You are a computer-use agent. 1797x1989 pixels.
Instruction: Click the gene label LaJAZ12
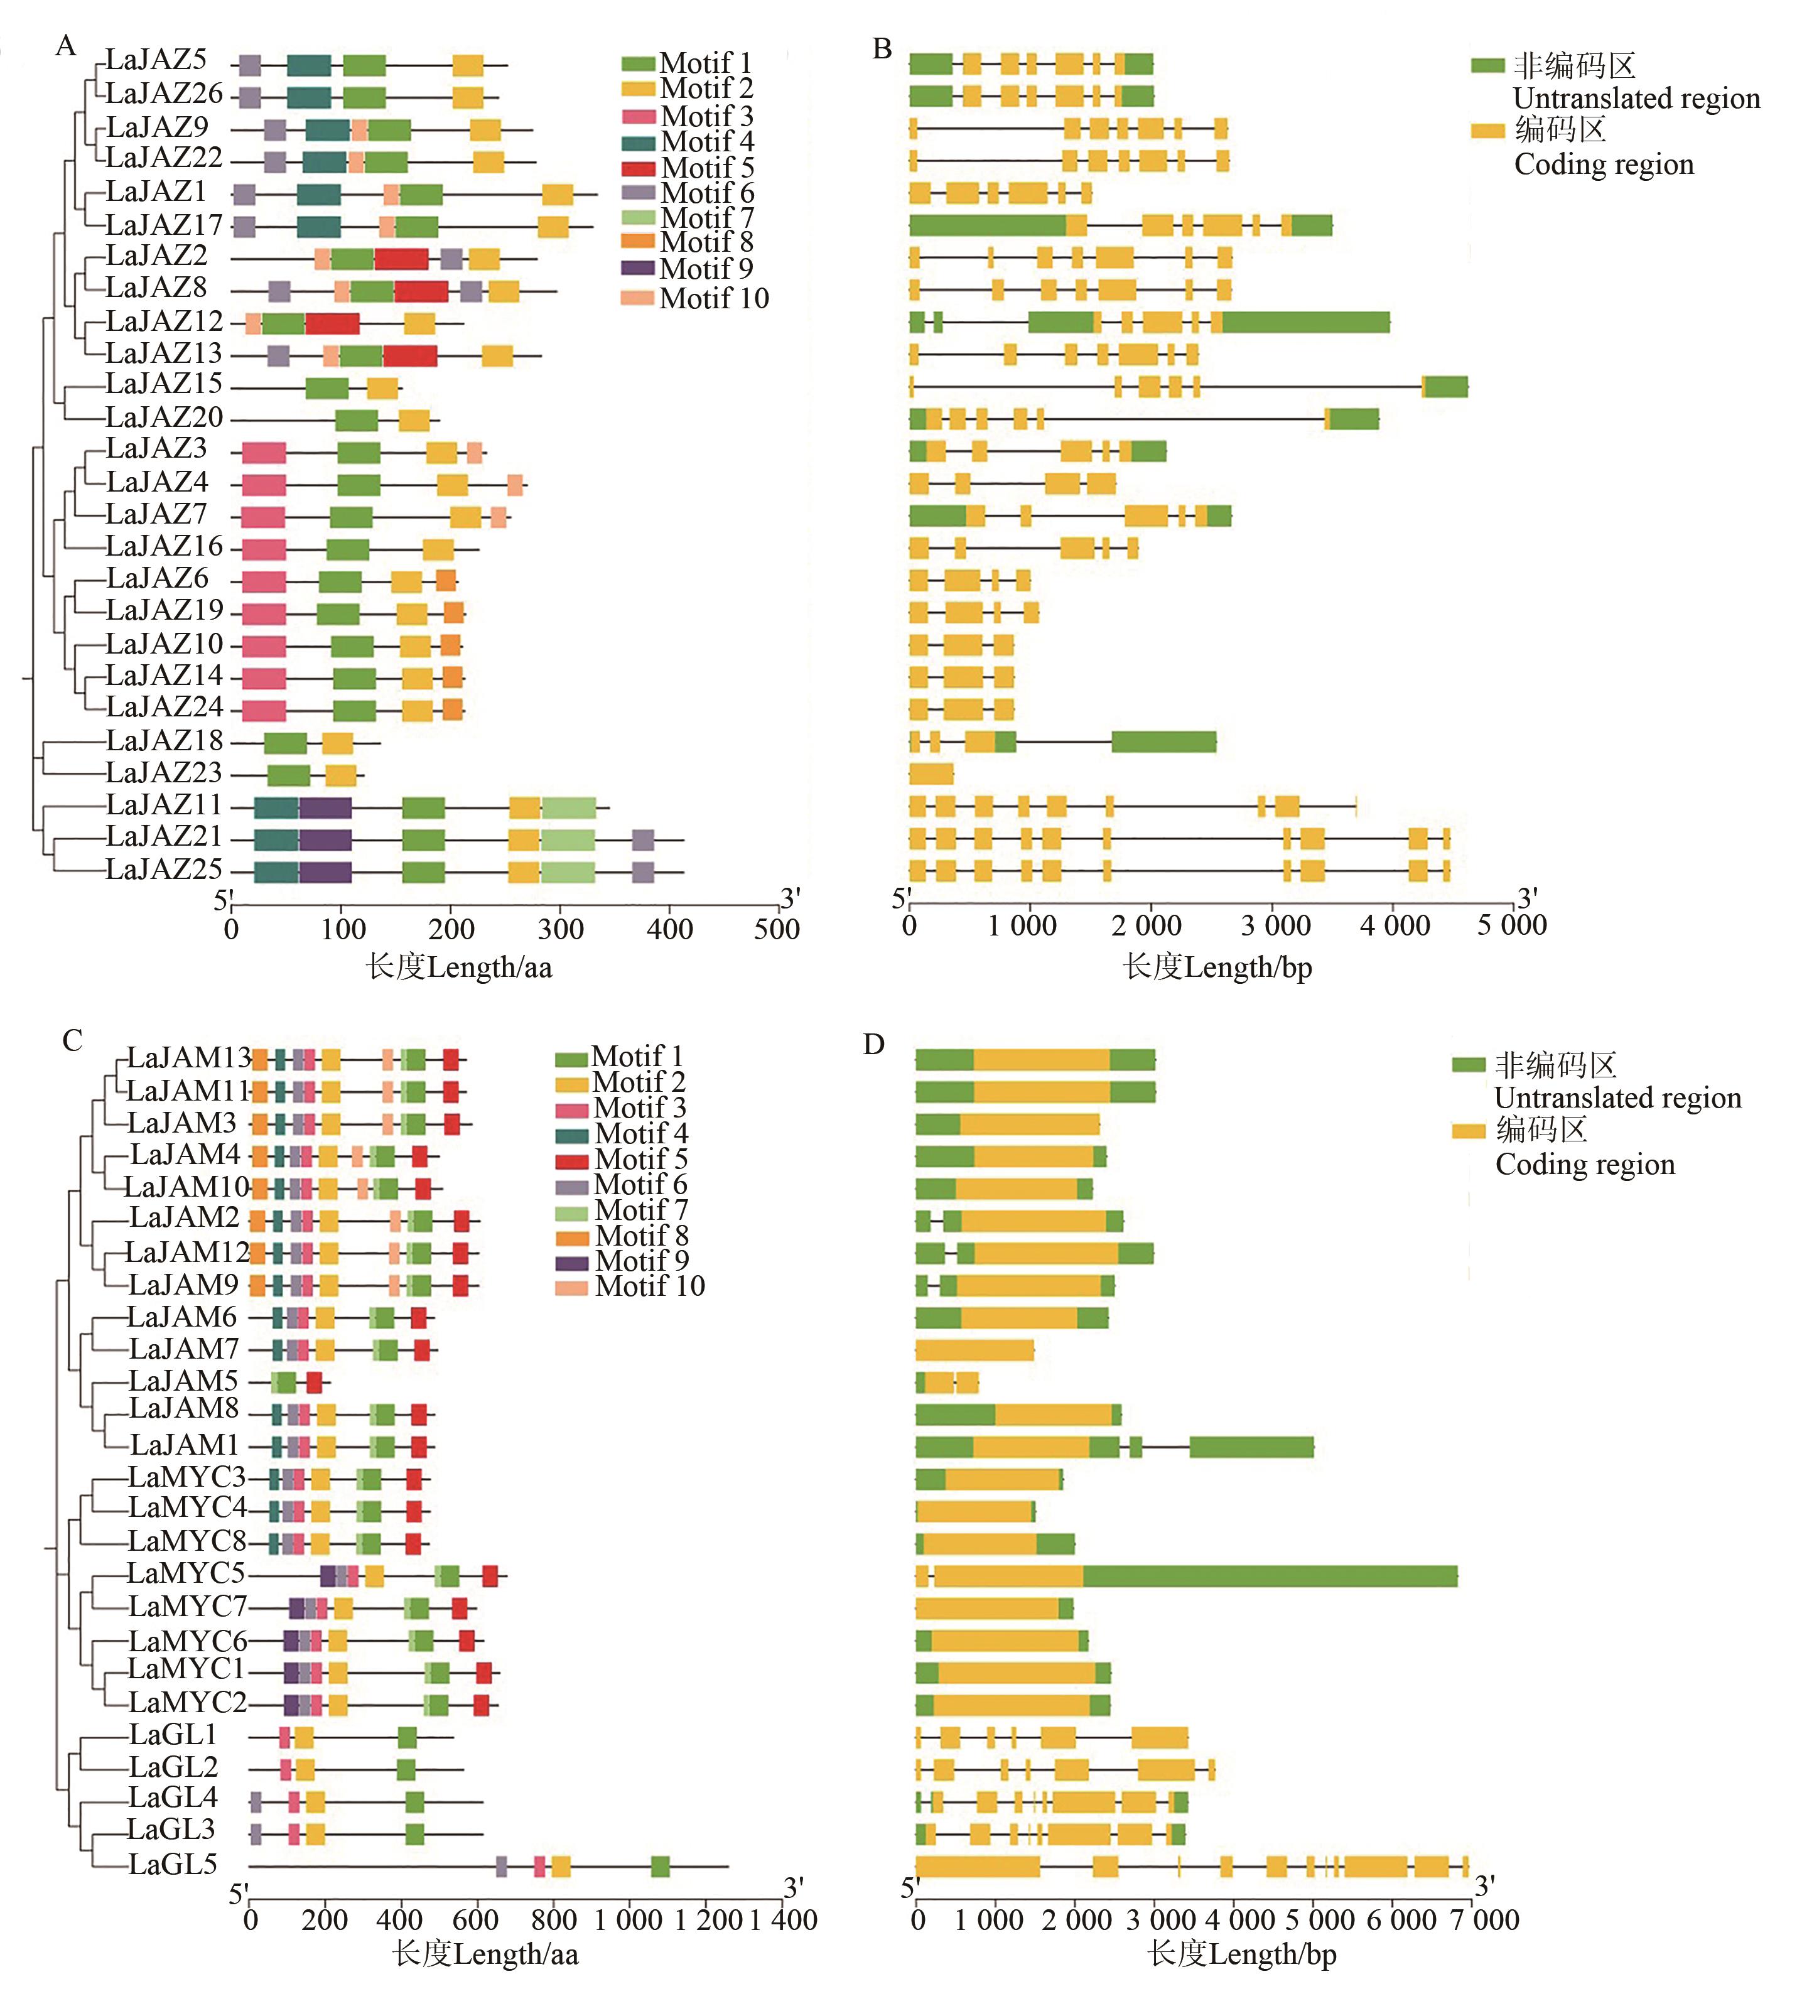pyautogui.click(x=165, y=321)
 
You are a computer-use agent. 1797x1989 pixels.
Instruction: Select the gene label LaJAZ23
pyautogui.click(x=164, y=772)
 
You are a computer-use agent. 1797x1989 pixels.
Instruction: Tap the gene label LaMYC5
pyautogui.click(x=185, y=1573)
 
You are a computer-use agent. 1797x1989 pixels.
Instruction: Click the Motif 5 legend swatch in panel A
pyautogui.click(x=637, y=168)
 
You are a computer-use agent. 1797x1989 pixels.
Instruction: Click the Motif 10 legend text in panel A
pyautogui.click(x=713, y=298)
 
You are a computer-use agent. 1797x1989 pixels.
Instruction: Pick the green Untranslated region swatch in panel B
pyautogui.click(x=1487, y=66)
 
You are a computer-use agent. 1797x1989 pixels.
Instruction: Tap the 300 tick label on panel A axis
pyautogui.click(x=561, y=929)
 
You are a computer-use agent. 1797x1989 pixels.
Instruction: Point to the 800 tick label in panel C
pyautogui.click(x=554, y=1919)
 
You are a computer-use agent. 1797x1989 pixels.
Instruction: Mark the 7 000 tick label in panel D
pyautogui.click(x=1478, y=1919)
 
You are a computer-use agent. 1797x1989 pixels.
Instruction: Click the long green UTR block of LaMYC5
pyautogui.click(x=1269, y=1576)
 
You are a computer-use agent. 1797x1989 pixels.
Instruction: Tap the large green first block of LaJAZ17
pyautogui.click(x=987, y=225)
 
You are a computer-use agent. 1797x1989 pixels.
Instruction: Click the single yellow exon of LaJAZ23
pyautogui.click(x=931, y=772)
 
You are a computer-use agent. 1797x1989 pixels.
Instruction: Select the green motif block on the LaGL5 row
pyautogui.click(x=660, y=1866)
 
